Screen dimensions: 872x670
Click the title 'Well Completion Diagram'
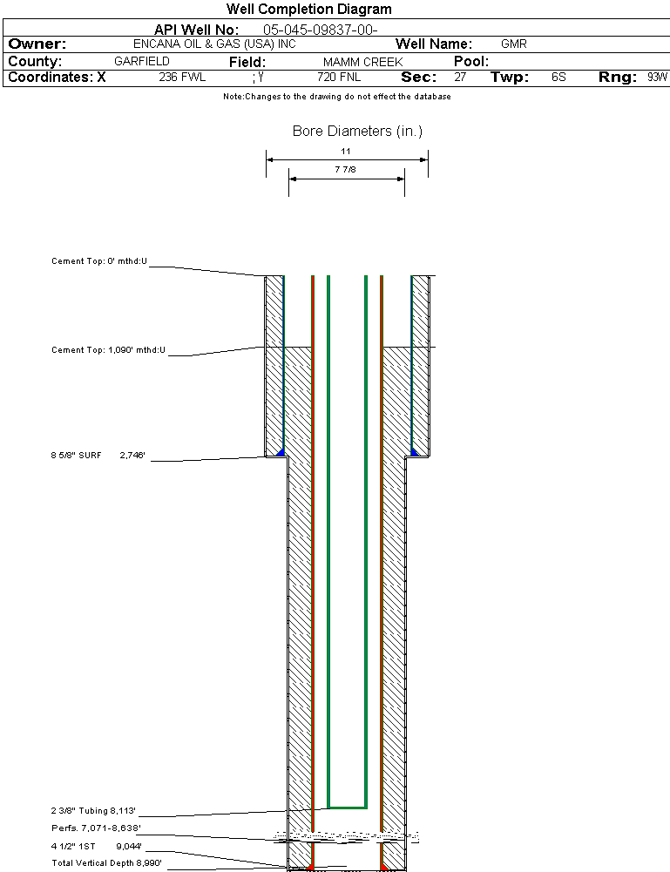308,10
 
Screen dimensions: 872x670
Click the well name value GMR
513,44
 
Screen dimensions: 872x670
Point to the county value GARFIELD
142,62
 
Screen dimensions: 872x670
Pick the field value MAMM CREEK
362,62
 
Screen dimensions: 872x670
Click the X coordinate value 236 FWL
182,78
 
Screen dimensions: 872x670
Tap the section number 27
460,78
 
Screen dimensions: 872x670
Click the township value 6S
558,78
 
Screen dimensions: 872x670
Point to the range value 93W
657,78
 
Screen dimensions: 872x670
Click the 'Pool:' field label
471,62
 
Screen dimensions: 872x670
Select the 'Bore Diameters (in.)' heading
357,132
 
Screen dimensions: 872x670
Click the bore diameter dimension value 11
346,151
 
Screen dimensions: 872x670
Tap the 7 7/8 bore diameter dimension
346,170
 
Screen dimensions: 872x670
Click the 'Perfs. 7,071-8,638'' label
96,828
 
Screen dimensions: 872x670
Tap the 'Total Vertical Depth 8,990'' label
106,862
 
